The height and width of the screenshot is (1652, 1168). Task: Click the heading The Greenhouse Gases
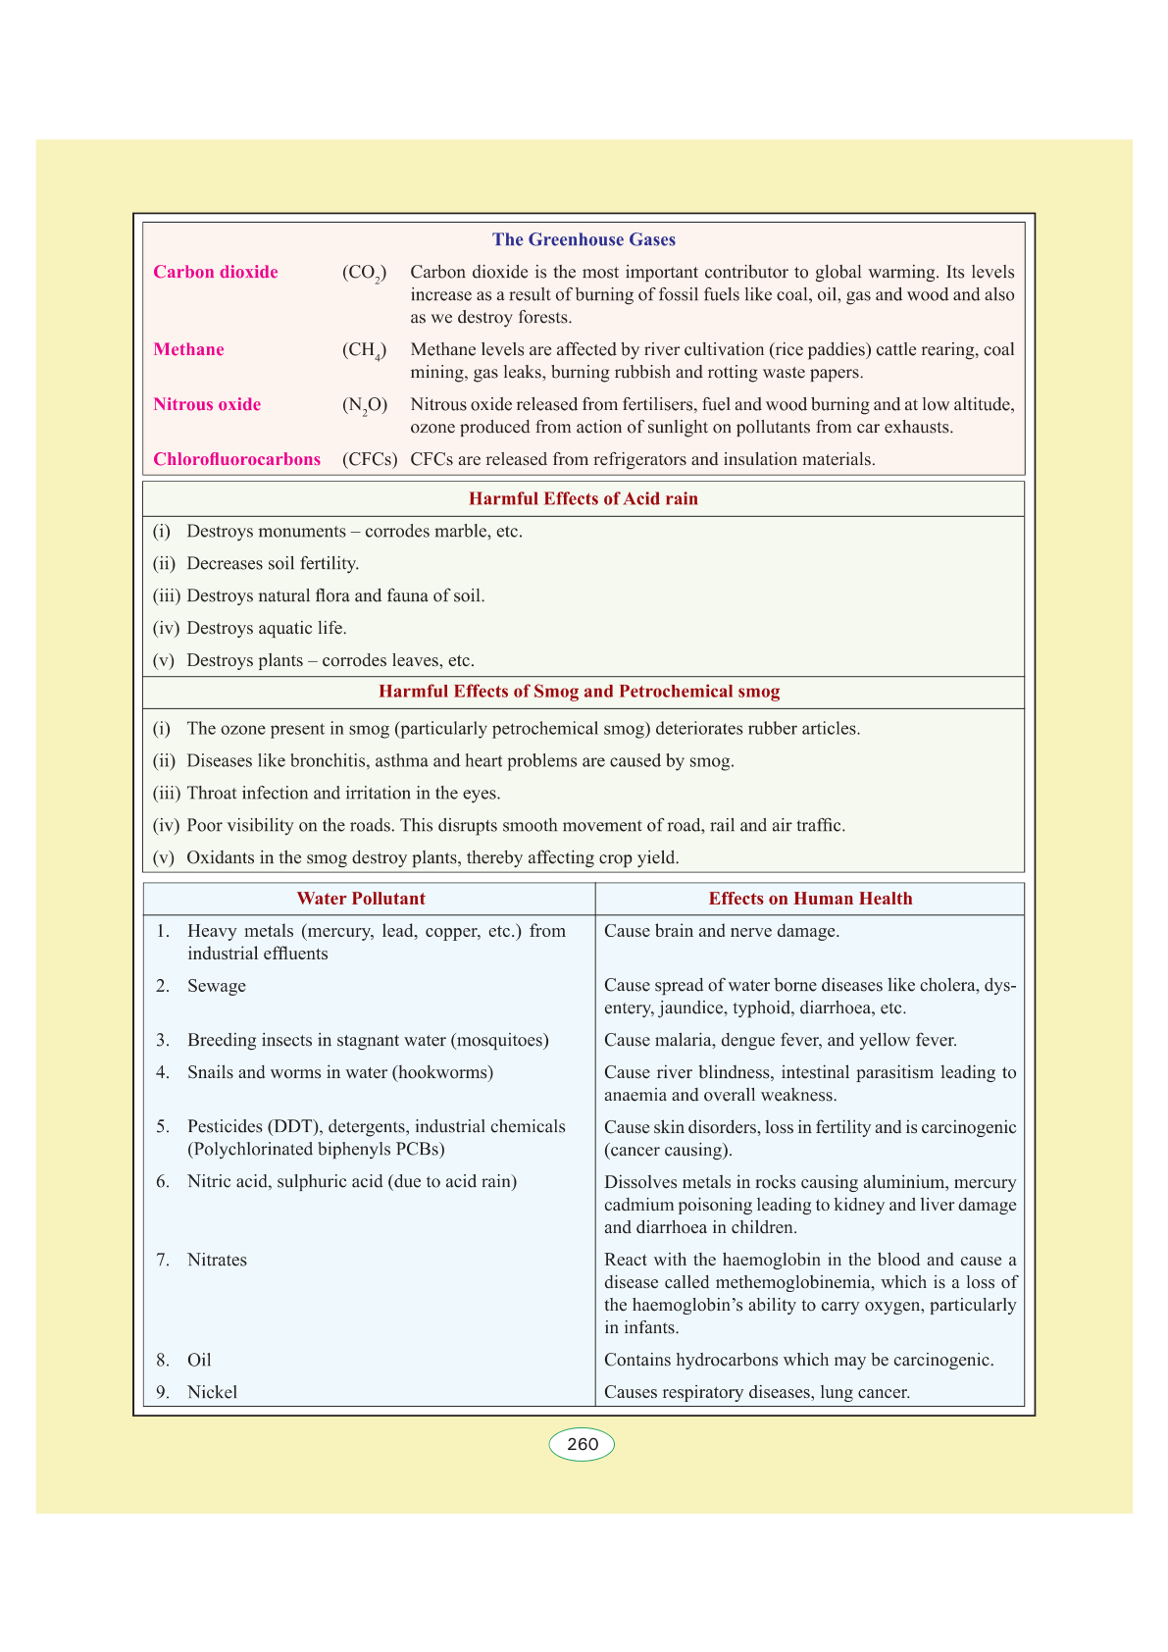pos(584,239)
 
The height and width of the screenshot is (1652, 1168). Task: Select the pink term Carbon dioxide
pos(216,272)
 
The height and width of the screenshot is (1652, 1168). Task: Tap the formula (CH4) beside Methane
pos(364,350)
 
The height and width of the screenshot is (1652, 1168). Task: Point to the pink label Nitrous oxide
pos(207,404)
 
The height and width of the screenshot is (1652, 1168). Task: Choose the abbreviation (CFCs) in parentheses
pos(370,459)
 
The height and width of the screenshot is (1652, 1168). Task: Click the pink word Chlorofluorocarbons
pos(236,459)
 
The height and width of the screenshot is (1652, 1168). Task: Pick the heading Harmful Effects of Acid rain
pos(584,498)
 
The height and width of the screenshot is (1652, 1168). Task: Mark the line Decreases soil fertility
pos(273,563)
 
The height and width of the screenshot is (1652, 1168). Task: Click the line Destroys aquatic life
pos(267,628)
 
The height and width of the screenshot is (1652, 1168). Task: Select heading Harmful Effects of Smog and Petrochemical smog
pos(579,692)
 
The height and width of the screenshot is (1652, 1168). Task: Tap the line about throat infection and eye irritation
pos(343,793)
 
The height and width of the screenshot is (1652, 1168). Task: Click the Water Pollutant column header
pos(361,899)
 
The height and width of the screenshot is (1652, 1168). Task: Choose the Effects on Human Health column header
pos(810,899)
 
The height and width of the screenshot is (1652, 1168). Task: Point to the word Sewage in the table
pos(217,986)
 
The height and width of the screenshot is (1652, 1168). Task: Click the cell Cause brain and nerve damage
pos(722,931)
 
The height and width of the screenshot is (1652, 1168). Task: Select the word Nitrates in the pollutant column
pos(217,1260)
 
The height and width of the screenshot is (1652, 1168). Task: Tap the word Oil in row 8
pos(199,1360)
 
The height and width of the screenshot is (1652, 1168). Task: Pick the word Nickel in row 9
pos(212,1392)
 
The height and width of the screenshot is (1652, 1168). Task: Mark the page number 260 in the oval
pos(582,1444)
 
